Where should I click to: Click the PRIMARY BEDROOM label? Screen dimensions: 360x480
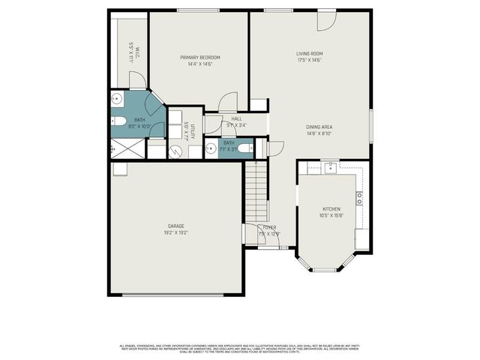tap(200, 58)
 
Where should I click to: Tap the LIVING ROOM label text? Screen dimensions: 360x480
tap(309, 53)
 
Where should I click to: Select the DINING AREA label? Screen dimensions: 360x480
tap(319, 127)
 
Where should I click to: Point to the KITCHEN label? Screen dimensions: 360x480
tap(331, 209)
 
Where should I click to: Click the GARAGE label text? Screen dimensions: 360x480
tap(175, 226)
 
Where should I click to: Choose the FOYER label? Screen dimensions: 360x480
tap(269, 226)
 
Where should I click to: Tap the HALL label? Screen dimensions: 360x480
tap(236, 118)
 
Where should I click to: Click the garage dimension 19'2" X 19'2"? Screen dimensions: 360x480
tap(175, 232)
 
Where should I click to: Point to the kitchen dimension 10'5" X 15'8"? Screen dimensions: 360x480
tap(331, 216)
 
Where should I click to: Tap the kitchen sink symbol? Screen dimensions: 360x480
tap(330, 167)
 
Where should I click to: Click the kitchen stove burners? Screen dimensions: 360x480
tap(360, 198)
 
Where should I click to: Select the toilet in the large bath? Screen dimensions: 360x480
tap(119, 121)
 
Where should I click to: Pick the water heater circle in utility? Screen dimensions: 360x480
tap(175, 151)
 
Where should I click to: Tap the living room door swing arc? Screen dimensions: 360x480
tap(325, 22)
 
